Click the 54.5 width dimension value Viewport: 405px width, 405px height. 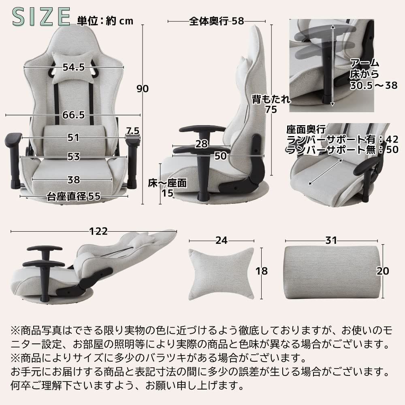click(x=73, y=68)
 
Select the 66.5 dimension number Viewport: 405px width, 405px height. click(x=73, y=115)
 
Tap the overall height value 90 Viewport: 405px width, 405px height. click(x=142, y=89)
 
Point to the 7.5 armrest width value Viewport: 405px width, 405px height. click(x=132, y=131)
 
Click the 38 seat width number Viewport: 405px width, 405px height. click(x=73, y=179)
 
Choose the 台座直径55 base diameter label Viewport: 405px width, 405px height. click(x=73, y=197)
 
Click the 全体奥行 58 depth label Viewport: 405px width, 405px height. click(x=217, y=21)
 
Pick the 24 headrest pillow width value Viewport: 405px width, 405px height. click(x=221, y=240)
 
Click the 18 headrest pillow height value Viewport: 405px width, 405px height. click(x=262, y=271)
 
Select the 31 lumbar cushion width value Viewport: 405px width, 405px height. click(x=331, y=240)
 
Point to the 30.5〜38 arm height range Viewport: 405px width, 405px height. click(x=373, y=86)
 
